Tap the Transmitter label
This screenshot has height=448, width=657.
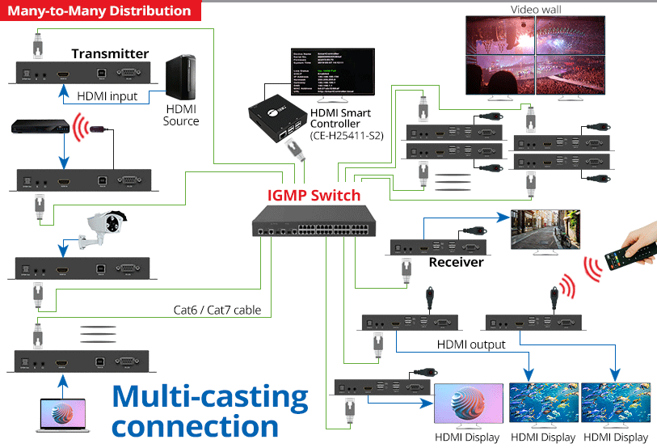[x=110, y=54]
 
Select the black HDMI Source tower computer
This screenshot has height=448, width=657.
[x=180, y=78]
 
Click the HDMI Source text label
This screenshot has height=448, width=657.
[x=181, y=115]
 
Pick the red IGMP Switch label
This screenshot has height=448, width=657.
[x=314, y=195]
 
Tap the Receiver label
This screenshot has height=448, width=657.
[x=456, y=262]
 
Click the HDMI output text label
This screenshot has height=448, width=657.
[x=471, y=344]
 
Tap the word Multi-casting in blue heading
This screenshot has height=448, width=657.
[x=210, y=396]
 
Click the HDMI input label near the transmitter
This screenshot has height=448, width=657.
[x=107, y=96]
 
